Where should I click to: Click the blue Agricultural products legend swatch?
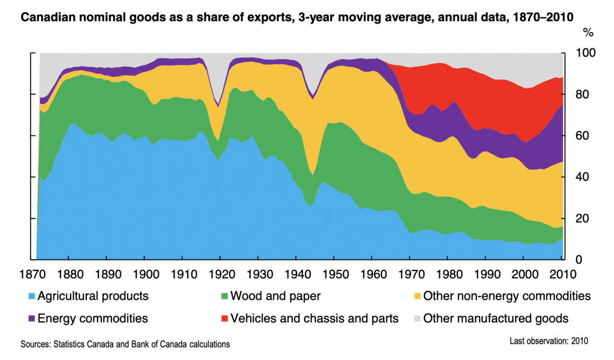32,296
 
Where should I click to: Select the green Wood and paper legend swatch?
225,296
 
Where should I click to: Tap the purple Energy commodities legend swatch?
32,319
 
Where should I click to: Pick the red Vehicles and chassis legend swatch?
225,319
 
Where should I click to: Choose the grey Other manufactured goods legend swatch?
417,319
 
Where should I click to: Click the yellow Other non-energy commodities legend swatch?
417,296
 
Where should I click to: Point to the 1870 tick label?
32,275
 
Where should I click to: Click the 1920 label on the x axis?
222,275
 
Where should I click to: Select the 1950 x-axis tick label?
336,275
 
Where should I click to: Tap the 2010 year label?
563,275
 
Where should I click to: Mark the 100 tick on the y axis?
586,53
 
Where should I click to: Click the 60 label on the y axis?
582,136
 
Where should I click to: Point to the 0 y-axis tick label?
579,260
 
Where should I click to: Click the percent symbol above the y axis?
588,33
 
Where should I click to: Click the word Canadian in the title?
48,17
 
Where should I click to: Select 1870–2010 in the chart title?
543,17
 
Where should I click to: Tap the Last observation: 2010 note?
549,341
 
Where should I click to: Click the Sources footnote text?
125,344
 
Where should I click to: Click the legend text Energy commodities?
93,319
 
